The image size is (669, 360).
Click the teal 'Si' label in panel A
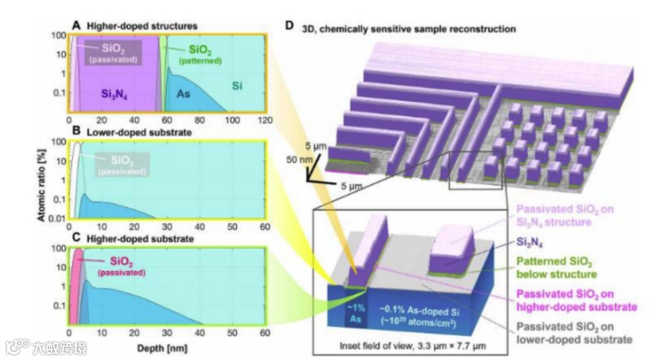[237, 86]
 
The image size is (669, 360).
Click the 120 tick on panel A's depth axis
[265, 120]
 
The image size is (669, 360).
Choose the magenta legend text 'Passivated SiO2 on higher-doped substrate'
[576, 300]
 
